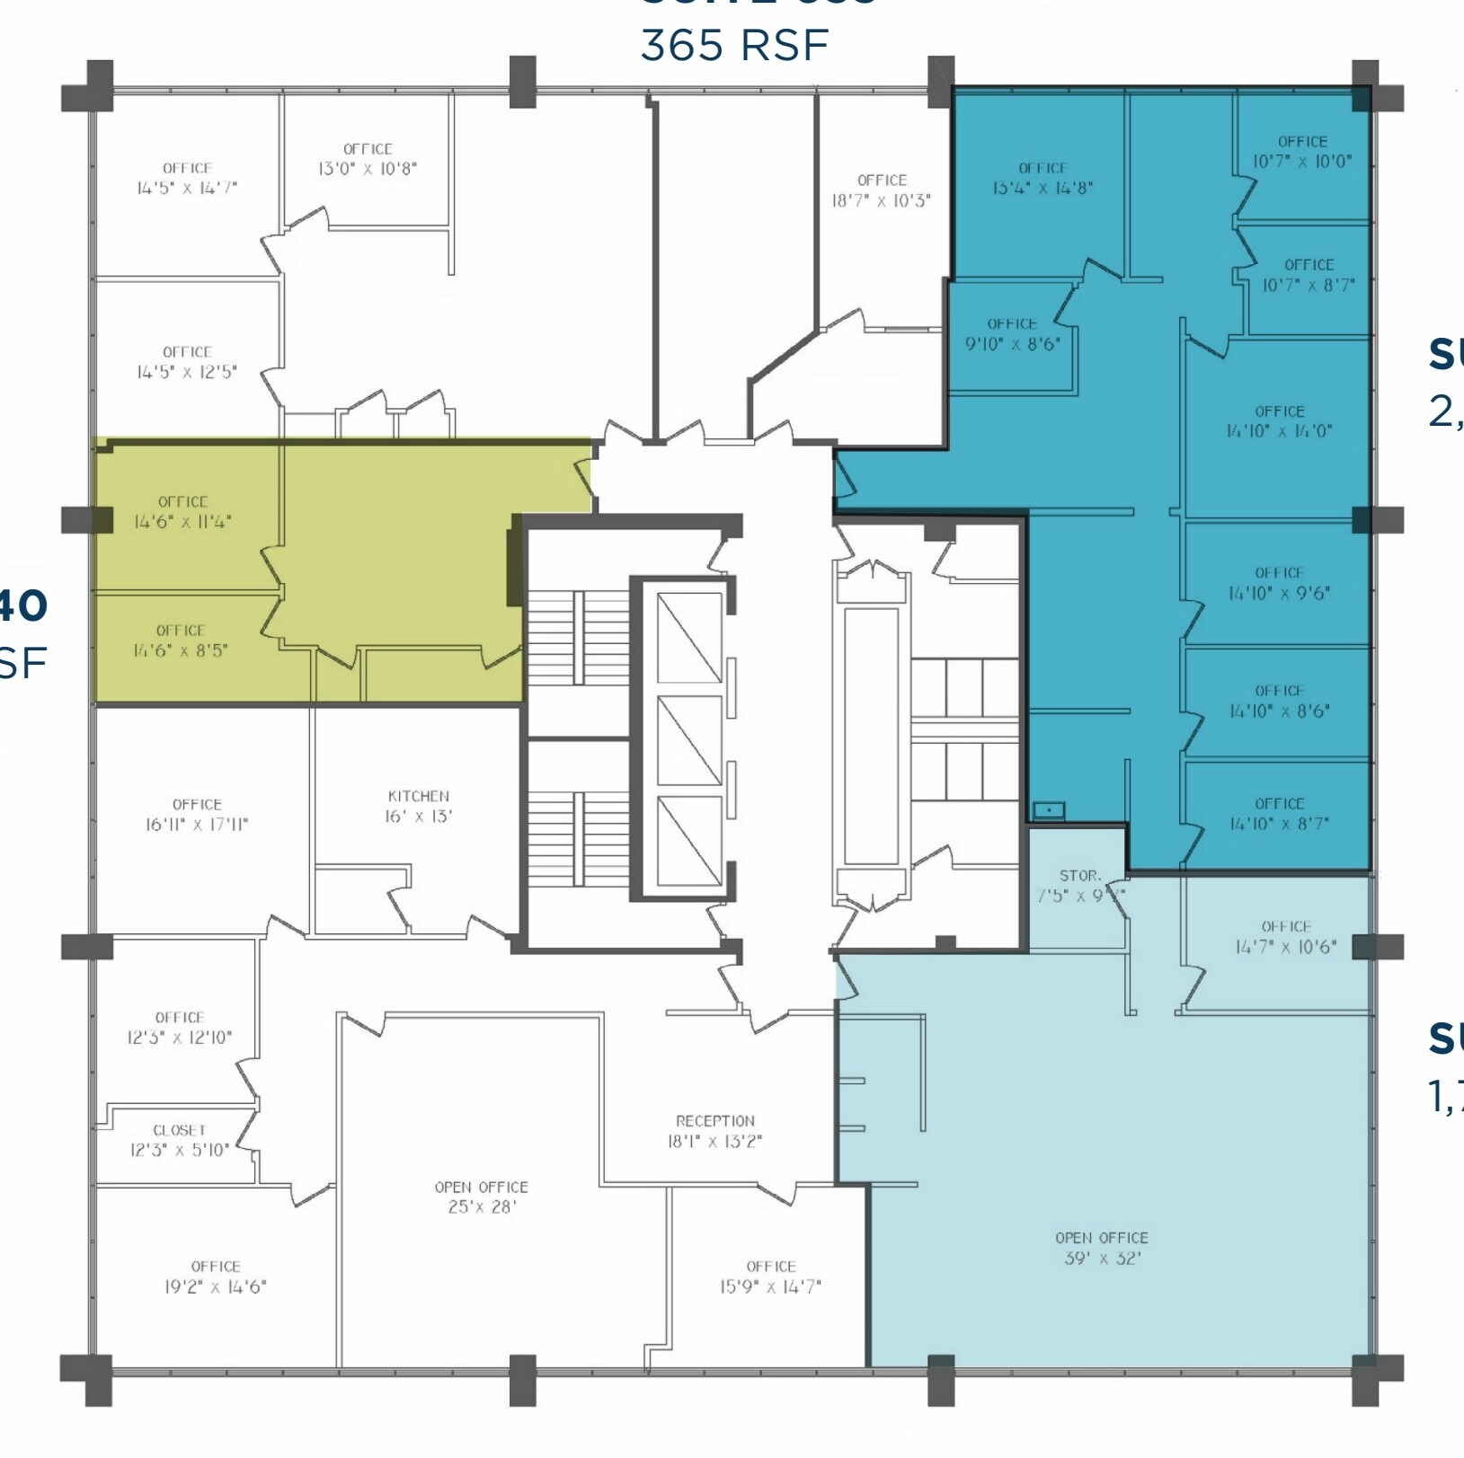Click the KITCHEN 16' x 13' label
(x=419, y=807)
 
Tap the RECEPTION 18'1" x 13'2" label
(x=715, y=1131)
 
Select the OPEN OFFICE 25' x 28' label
(x=482, y=1197)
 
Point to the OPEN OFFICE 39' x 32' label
(x=1101, y=1248)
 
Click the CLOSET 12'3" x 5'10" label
(x=180, y=1140)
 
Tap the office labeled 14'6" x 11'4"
(x=183, y=512)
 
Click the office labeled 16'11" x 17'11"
(x=197, y=814)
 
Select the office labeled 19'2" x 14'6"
(x=215, y=1277)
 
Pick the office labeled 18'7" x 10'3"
(x=882, y=190)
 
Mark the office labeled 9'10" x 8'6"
(x=1012, y=333)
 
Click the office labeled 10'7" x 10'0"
(x=1302, y=152)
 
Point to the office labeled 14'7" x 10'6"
(x=1285, y=936)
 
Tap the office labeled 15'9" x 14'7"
(x=770, y=1277)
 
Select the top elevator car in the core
(x=689, y=638)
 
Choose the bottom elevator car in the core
(x=689, y=841)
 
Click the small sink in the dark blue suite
(x=1048, y=809)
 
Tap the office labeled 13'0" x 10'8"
(x=368, y=159)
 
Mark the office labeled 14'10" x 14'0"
(x=1279, y=421)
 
